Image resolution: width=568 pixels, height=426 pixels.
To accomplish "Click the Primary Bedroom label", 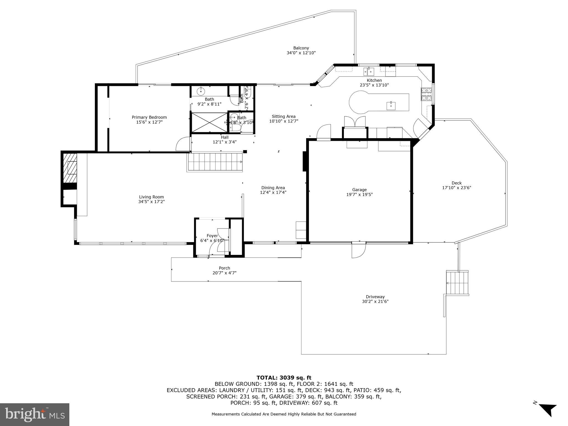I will [149, 117].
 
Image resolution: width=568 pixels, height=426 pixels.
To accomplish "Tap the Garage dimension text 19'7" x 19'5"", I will [359, 194].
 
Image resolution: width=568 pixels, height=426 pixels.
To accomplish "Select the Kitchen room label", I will [374, 80].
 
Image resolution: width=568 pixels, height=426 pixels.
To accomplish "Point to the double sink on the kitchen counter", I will [369, 72].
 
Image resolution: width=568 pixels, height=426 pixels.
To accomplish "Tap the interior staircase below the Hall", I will [215, 162].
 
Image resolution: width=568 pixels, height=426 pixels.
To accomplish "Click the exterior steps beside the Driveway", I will [457, 283].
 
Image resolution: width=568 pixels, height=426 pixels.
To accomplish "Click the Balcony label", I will [301, 48].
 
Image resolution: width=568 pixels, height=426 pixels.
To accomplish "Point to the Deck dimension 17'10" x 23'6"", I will [457, 187].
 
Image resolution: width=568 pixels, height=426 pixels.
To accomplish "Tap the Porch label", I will [224, 268].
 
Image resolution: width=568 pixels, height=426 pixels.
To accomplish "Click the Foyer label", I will [212, 236].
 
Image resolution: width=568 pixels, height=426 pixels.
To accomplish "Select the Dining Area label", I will [273, 187].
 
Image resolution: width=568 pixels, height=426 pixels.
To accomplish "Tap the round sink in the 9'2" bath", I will [201, 91].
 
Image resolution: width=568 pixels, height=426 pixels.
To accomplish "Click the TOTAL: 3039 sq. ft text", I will [284, 377].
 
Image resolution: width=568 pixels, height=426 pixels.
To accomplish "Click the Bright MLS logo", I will [35, 414].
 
